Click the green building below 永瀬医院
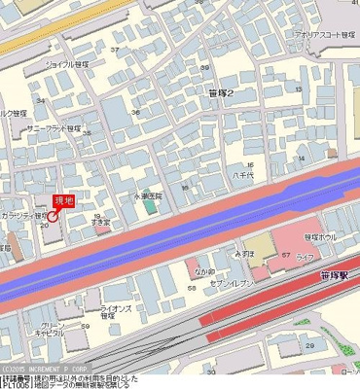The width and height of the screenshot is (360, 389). coord(149,207)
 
